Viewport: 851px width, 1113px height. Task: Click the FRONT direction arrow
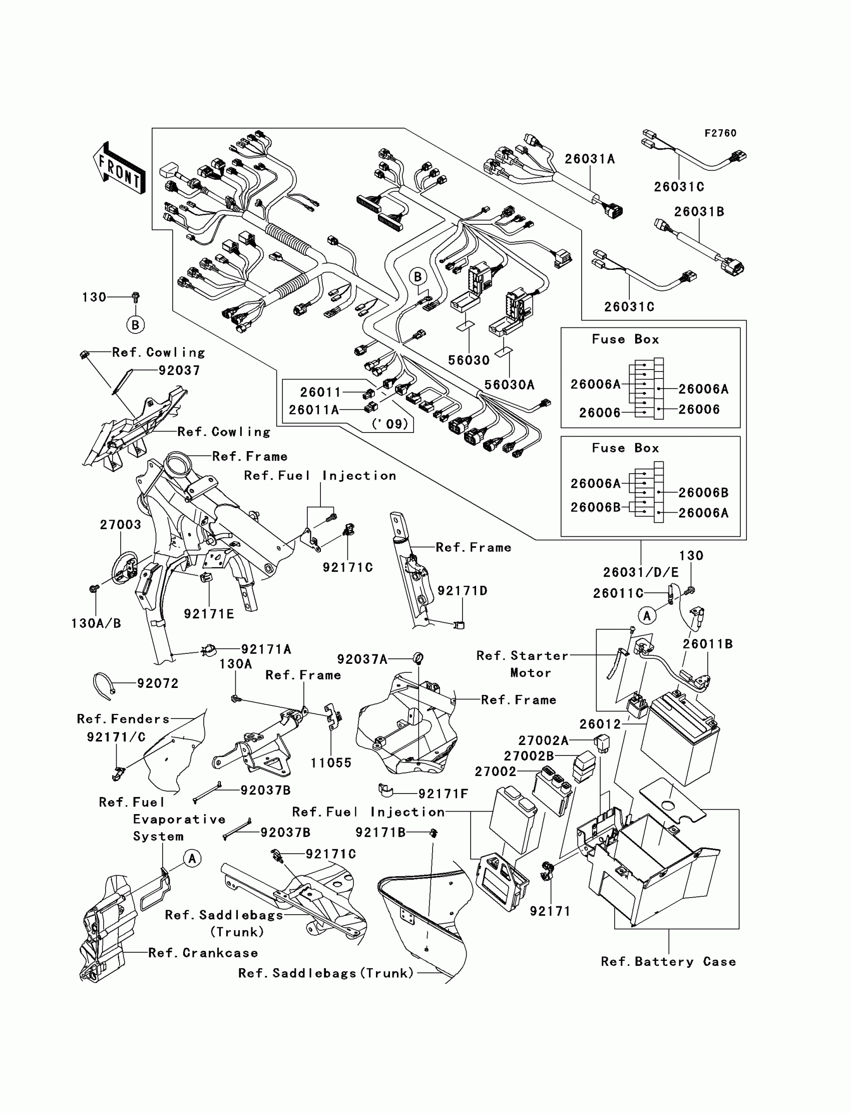pos(119,168)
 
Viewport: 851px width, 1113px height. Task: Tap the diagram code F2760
pos(720,133)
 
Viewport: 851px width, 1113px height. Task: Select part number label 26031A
pos(590,159)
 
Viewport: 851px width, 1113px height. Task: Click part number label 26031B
pos(699,212)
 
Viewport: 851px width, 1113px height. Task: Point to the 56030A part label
pos(509,385)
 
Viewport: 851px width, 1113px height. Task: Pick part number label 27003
pos(121,524)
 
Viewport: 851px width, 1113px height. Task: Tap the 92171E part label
pos(209,614)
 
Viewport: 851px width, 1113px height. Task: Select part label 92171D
pos(463,591)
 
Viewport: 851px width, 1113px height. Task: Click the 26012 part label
pos(600,724)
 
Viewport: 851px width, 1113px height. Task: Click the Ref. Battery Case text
pos(668,961)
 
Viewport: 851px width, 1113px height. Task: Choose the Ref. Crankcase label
pos(203,953)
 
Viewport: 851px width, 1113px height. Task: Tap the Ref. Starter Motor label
pos(522,664)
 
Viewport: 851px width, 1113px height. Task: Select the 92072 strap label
pos(158,683)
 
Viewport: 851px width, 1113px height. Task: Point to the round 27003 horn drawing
pos(124,568)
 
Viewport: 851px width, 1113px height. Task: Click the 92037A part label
pos(362,659)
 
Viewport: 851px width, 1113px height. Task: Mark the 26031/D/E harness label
pos(641,572)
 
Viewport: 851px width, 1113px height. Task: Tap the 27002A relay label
pos(544,740)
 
